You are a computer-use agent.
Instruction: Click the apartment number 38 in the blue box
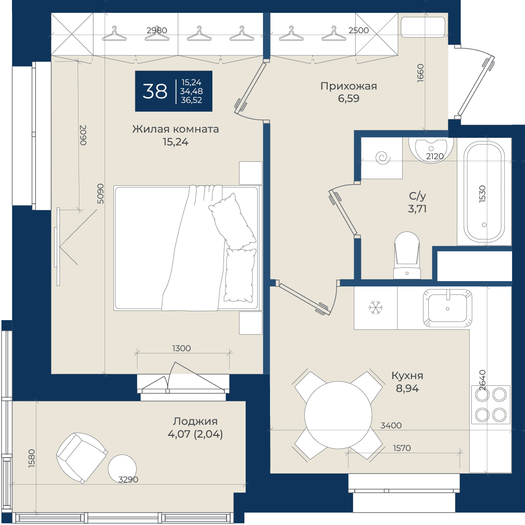[155, 91]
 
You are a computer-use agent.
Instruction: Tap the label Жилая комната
[176, 129]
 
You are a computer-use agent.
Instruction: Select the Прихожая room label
[349, 86]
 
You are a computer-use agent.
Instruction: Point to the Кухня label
[407, 376]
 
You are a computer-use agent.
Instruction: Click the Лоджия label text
[195, 421]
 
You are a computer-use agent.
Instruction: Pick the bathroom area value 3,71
[417, 209]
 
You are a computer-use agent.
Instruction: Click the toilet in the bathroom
[407, 255]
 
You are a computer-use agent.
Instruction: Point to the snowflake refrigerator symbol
[376, 308]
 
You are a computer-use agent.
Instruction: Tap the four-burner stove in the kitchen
[491, 405]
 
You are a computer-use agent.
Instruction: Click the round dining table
[338, 415]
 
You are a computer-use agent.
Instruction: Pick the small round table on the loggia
[122, 469]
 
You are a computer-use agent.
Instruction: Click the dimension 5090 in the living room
[101, 193]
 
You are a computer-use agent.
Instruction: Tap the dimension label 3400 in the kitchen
[391, 426]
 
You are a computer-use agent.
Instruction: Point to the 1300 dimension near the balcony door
[181, 349]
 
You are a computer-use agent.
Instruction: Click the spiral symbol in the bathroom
[383, 158]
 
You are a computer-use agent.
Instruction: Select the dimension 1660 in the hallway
[420, 73]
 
